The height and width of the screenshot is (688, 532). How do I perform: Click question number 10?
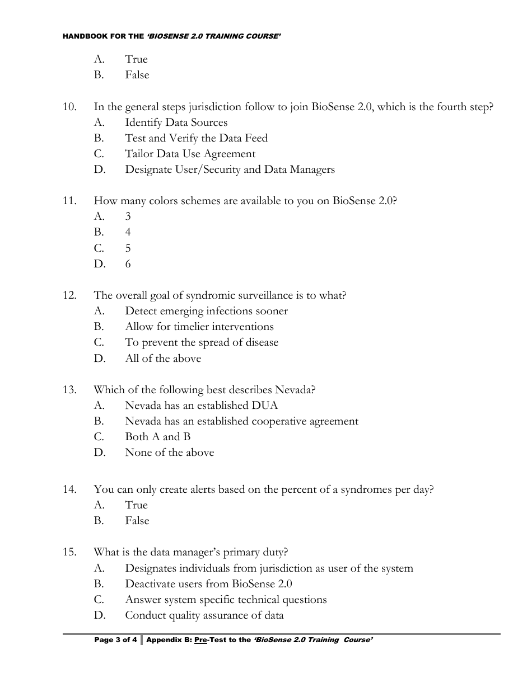tap(69, 107)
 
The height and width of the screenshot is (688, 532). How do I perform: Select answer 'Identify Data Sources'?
tap(176, 122)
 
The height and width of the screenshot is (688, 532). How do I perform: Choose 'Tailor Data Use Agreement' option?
tap(190, 154)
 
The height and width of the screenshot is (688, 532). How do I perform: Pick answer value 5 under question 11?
tap(128, 248)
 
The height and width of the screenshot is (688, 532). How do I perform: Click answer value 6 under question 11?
tap(128, 264)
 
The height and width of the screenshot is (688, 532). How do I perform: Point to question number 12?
tap(69, 295)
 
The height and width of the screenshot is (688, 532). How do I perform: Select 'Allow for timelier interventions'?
tap(199, 327)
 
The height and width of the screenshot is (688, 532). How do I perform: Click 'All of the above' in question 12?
tap(162, 359)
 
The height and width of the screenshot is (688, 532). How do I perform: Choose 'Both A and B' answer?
tap(157, 437)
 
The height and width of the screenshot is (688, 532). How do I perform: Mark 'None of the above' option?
tap(169, 453)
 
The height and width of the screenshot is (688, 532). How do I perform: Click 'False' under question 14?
tap(137, 521)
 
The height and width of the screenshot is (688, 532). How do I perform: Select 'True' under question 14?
tap(136, 505)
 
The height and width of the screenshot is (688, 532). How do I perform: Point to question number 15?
tap(69, 553)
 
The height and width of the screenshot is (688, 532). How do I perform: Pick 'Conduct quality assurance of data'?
tap(204, 615)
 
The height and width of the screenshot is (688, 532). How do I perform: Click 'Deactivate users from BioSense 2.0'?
tap(208, 584)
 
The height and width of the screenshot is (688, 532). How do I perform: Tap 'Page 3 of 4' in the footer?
tap(115, 640)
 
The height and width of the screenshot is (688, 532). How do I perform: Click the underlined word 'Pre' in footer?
tap(200, 640)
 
